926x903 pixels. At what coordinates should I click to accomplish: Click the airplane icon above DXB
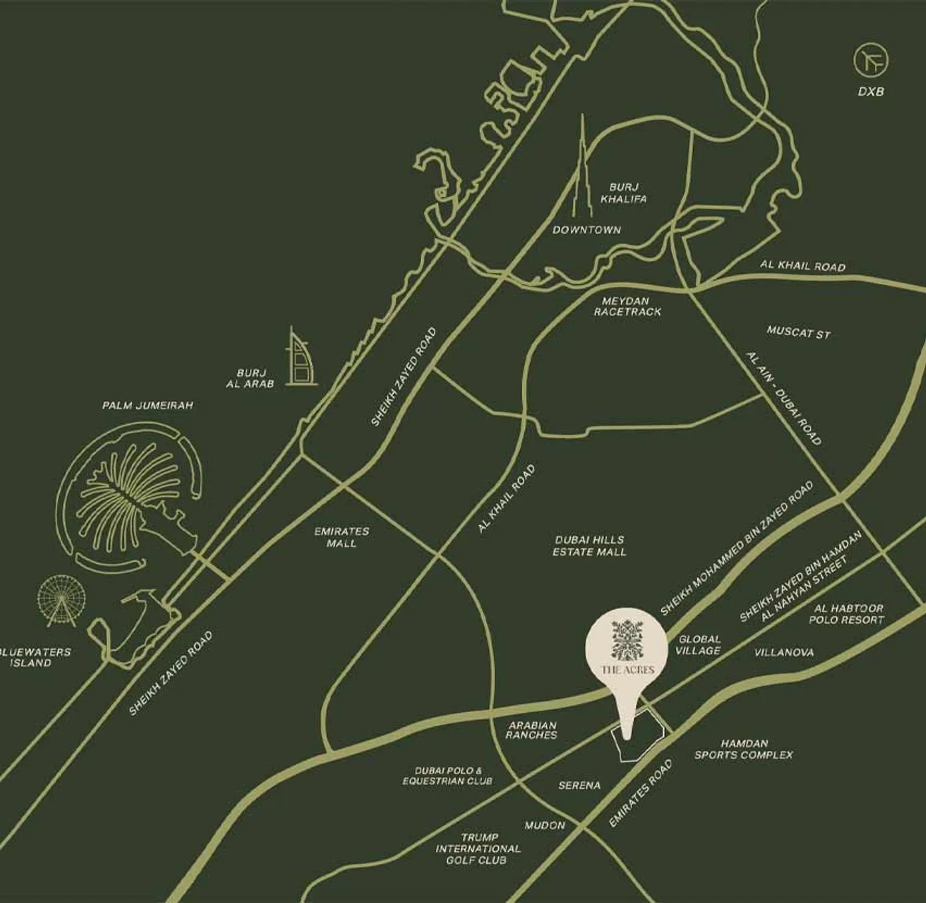coord(871,61)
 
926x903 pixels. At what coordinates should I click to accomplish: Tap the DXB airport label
coord(871,92)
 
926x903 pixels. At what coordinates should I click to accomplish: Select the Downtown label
coord(587,230)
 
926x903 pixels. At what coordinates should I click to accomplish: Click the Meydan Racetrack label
coord(627,307)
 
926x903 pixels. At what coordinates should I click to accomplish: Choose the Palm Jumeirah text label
coord(148,405)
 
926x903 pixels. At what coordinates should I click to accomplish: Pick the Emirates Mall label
coord(342,537)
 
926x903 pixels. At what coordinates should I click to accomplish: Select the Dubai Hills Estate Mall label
coord(589,546)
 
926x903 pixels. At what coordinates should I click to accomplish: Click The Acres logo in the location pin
coord(627,645)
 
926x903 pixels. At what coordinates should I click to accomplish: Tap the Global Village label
coord(698,645)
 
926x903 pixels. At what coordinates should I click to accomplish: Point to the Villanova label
coord(784,652)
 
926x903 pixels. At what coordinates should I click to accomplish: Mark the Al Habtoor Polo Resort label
coord(846,614)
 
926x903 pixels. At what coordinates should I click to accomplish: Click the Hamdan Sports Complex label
coord(744,749)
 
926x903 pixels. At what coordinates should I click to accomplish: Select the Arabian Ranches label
coord(531,730)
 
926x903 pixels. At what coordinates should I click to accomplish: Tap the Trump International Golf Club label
coord(478,848)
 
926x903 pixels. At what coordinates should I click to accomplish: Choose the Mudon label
coord(545,825)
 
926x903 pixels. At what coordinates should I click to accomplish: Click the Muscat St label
coord(798,332)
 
